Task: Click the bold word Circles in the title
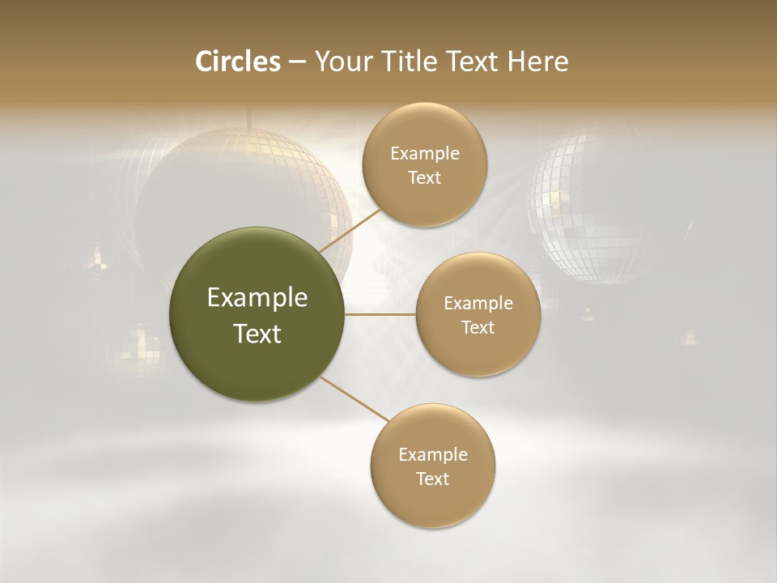coord(237,62)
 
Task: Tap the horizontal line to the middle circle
coord(380,313)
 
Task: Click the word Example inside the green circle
coord(257,297)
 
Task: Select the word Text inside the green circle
coord(257,334)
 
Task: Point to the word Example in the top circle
coord(424,153)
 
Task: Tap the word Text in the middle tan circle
coord(478,327)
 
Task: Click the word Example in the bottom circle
coord(432,454)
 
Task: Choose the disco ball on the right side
coord(599,202)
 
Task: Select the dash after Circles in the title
coord(296,62)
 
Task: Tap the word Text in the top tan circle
coord(424,177)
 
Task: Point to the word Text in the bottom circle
coord(432,479)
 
